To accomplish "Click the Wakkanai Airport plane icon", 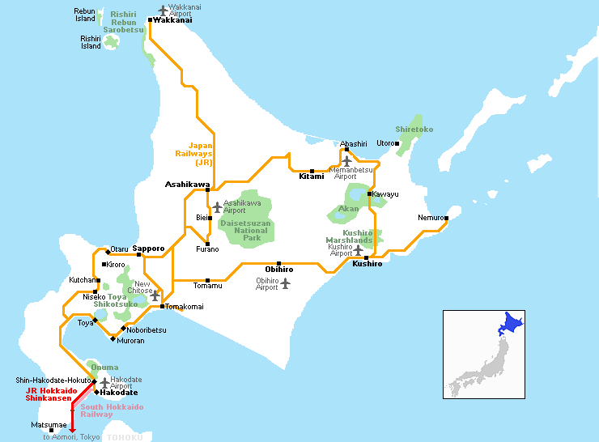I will coord(164,11).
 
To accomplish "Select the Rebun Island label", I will coord(85,15).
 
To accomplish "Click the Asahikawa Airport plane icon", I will coord(217,207).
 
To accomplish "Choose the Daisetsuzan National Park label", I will coord(246,229).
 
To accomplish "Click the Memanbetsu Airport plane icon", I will coord(346,161).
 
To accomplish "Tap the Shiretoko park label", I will coord(414,130).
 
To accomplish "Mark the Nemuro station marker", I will coord(445,218).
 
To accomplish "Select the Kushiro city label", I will coord(367,264).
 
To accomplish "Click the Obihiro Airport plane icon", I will coord(285,283).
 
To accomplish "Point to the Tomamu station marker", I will coord(208,279).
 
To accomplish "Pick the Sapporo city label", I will coord(148,248).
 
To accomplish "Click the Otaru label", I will coord(119,249).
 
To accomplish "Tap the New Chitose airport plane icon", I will coord(155,295).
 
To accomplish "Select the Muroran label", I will coord(131,341).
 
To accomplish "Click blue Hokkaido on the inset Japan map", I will coord(512,325).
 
